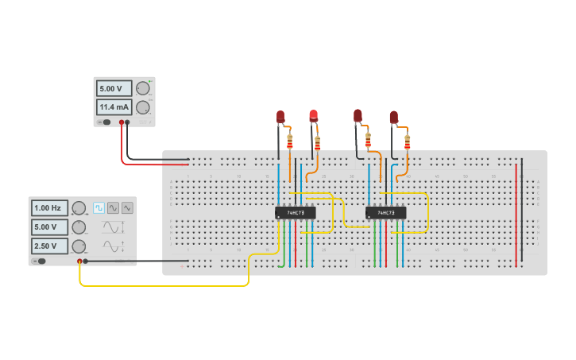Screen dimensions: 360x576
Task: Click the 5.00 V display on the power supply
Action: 114,88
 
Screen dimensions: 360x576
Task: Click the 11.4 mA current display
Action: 114,107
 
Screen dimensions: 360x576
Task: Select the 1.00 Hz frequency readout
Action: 49,208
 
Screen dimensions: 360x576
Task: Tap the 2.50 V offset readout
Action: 49,246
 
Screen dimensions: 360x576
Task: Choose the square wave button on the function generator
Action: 99,208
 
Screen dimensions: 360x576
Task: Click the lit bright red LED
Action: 314,116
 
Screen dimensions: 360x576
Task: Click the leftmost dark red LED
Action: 280,117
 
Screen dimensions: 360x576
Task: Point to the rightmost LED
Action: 393,118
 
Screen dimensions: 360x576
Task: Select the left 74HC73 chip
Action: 295,213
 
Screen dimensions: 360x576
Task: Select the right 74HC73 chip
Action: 385,213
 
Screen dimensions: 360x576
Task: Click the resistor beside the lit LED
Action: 318,143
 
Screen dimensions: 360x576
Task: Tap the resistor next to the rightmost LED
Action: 408,142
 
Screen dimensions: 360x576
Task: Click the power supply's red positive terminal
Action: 122,122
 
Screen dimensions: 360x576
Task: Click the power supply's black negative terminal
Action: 128,122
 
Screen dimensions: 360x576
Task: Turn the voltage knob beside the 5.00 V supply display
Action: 142,88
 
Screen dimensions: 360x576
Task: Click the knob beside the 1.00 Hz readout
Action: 79,208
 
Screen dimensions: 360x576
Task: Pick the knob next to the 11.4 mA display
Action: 142,107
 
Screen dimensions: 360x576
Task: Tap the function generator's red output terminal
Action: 79,261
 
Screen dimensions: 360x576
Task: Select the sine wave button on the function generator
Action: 113,208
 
